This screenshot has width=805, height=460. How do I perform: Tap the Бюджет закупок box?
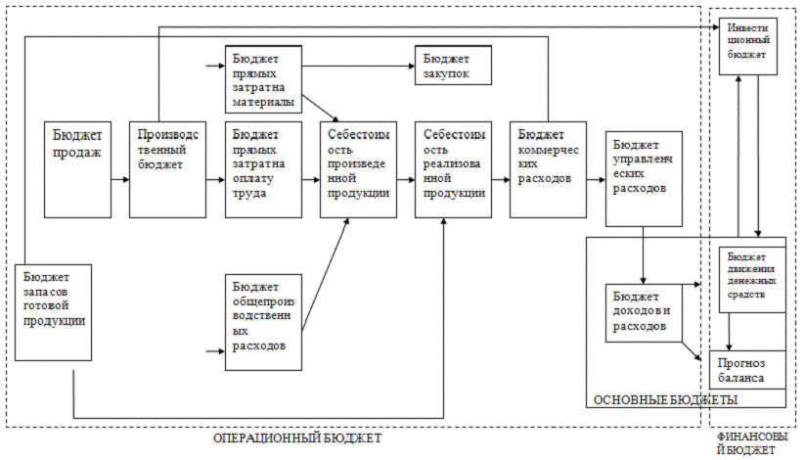(x=452, y=66)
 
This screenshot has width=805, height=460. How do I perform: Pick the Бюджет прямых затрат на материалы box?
(x=263, y=79)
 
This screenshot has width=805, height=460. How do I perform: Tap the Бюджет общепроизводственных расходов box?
(x=263, y=321)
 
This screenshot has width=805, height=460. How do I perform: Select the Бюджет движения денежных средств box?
(x=753, y=278)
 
